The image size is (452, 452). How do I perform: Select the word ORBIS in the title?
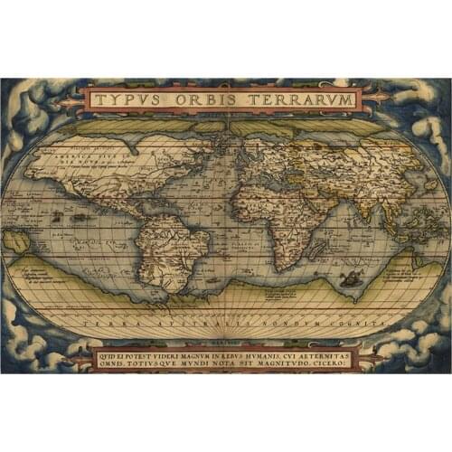(208, 99)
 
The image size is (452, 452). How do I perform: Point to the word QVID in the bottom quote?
(109, 355)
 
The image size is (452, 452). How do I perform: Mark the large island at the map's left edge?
(15, 241)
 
